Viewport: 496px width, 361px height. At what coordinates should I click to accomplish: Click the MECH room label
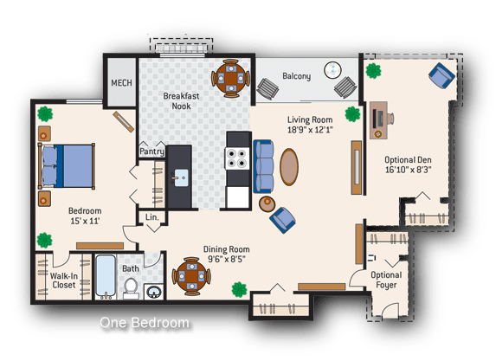click(x=121, y=83)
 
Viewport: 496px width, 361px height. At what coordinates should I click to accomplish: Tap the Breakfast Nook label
click(x=181, y=101)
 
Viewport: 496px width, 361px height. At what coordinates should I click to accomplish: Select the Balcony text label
click(x=296, y=76)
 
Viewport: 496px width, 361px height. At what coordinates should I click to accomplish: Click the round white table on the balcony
click(x=332, y=70)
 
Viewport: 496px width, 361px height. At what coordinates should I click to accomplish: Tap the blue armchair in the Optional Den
click(x=442, y=75)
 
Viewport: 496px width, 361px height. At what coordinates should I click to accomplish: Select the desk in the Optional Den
click(x=378, y=120)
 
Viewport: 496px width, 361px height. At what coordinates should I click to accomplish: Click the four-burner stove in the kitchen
click(x=237, y=158)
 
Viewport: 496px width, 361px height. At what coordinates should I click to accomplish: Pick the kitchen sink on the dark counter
click(x=181, y=177)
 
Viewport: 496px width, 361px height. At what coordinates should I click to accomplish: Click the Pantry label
click(x=151, y=151)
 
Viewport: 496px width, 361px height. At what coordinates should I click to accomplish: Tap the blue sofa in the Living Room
click(x=263, y=166)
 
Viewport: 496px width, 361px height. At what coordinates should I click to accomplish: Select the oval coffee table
click(x=289, y=167)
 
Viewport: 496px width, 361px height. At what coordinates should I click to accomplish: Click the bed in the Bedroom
click(x=67, y=166)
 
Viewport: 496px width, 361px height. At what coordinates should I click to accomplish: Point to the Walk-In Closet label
click(x=64, y=280)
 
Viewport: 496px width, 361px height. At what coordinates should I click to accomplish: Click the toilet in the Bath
click(x=131, y=288)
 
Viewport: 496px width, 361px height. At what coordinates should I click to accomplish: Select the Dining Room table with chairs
click(x=191, y=276)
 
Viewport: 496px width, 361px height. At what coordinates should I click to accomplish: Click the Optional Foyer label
click(x=386, y=280)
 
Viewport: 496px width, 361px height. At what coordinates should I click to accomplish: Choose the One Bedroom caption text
click(x=145, y=323)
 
